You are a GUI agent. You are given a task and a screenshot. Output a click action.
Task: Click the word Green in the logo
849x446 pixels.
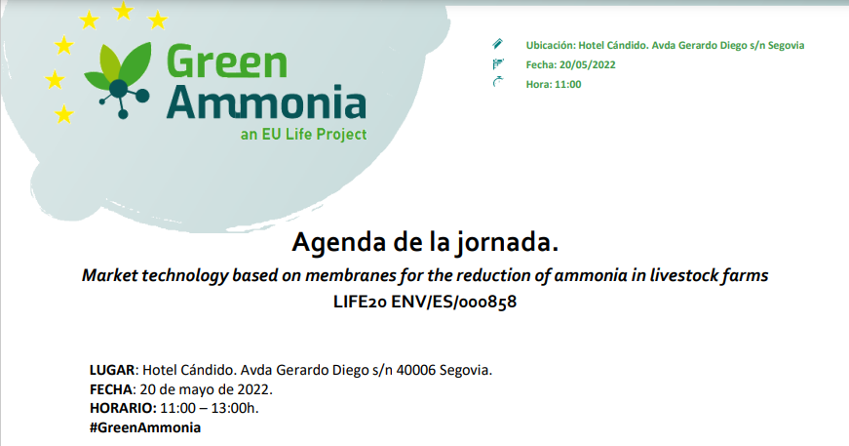coord(227,61)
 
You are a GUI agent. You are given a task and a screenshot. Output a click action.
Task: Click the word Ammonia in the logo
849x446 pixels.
coord(266,101)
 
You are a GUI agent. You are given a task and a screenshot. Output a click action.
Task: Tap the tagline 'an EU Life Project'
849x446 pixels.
coord(304,134)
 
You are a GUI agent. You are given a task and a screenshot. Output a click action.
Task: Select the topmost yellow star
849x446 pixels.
coord(124,11)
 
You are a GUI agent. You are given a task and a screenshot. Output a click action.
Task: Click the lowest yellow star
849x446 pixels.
coord(64,114)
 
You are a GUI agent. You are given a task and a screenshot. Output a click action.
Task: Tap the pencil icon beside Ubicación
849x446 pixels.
coord(497,44)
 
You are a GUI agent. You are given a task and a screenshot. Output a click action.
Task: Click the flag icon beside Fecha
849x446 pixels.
coord(497,64)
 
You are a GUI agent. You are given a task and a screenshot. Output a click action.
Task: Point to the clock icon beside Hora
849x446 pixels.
coord(497,82)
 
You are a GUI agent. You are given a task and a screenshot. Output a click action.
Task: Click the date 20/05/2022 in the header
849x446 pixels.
coord(588,65)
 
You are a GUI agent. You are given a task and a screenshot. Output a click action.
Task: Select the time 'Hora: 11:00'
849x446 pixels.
coord(554,85)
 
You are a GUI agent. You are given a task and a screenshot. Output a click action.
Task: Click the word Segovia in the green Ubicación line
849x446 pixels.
coord(786,46)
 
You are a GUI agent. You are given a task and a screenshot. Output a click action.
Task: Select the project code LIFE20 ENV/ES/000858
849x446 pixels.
coord(425,302)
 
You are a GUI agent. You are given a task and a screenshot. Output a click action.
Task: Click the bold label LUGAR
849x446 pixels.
coord(112,370)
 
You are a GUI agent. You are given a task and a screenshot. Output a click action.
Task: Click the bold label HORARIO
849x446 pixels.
coord(123,408)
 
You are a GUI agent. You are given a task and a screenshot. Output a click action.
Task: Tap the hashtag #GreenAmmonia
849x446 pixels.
coord(145,427)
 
